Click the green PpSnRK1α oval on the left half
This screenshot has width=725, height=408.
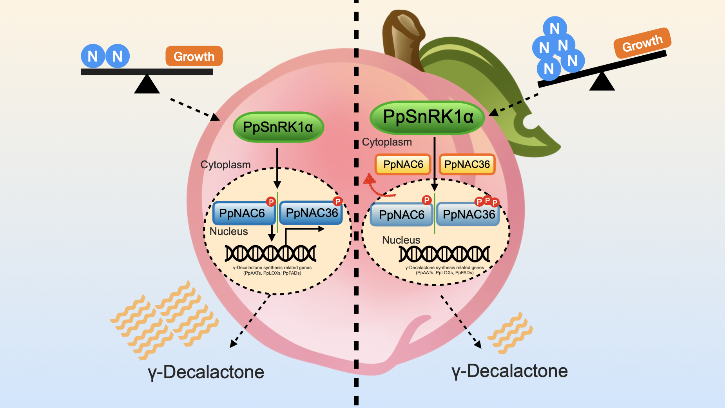(x=278, y=127)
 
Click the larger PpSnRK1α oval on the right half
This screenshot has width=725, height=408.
(x=428, y=117)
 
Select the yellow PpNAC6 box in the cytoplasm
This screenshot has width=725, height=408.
(x=403, y=164)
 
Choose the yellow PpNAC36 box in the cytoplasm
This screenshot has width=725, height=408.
(x=467, y=164)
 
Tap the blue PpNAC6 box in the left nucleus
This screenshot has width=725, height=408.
(x=242, y=213)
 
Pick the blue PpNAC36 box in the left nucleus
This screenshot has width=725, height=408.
(x=311, y=213)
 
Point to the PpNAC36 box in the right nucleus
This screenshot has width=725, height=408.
(x=468, y=215)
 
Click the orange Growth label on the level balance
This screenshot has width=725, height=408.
(x=194, y=56)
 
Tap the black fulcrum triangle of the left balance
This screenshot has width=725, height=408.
(x=147, y=85)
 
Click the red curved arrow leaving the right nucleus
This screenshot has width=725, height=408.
(x=375, y=187)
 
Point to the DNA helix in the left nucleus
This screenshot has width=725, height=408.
(x=270, y=253)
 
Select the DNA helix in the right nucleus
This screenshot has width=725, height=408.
(x=444, y=254)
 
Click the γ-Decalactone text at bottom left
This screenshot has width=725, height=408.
(x=206, y=372)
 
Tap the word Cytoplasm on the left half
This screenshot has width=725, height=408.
(x=225, y=165)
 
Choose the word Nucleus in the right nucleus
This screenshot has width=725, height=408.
(x=401, y=240)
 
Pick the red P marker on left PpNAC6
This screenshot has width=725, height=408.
(x=271, y=202)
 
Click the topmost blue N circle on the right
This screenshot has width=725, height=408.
(x=555, y=28)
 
